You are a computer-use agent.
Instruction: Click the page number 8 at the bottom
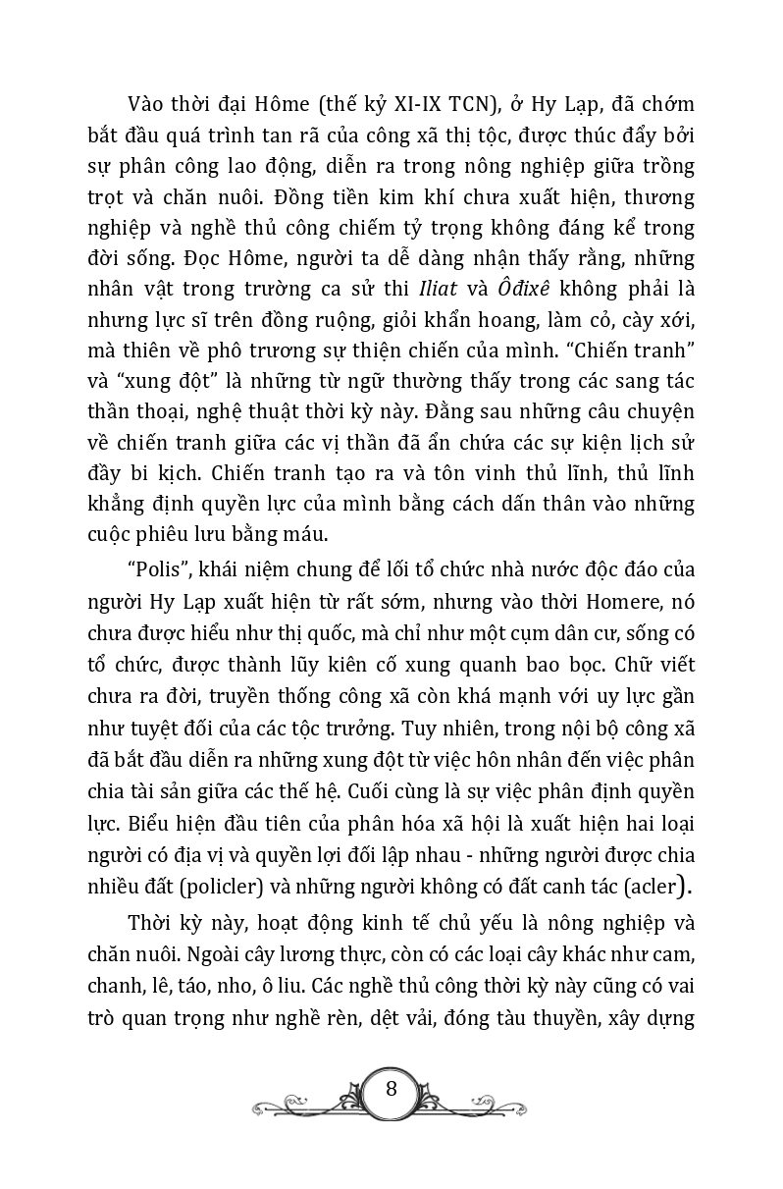391,1090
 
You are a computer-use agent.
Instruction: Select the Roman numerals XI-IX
410,106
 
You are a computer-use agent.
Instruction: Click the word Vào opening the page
147,106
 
